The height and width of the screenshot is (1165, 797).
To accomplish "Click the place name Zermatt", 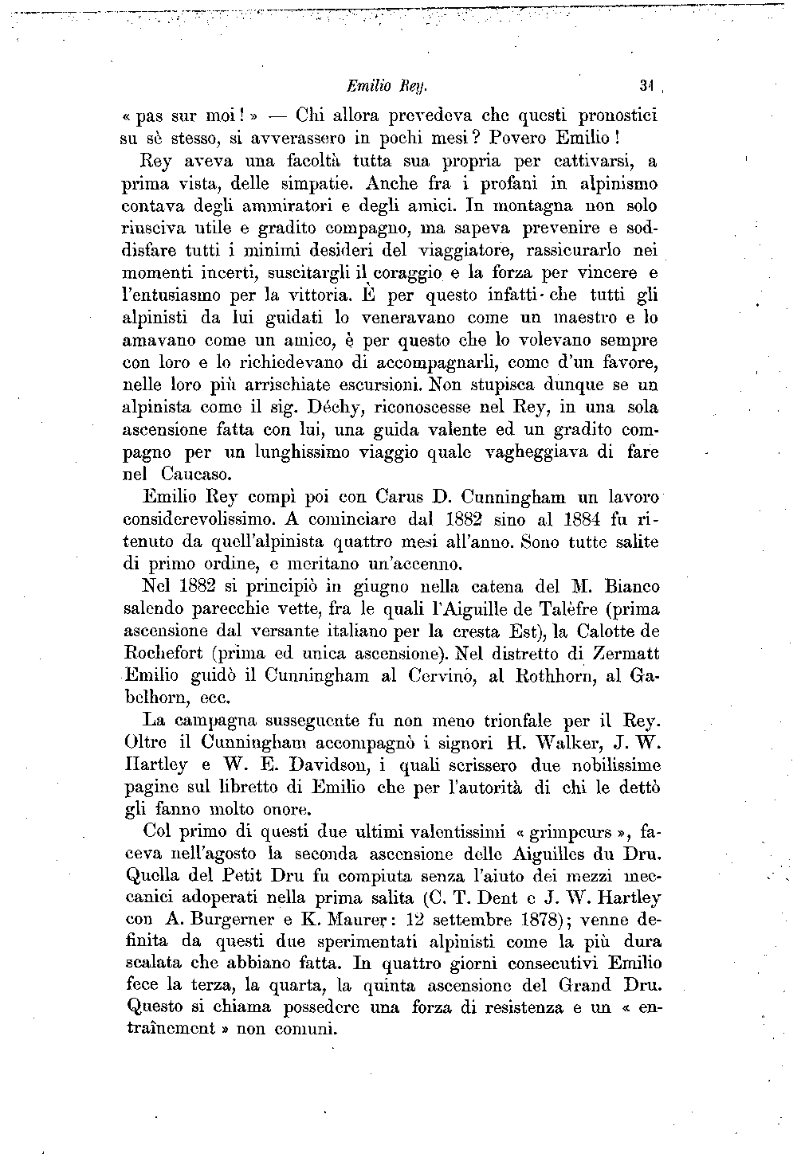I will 615,654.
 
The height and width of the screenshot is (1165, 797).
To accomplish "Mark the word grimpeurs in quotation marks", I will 567,833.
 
